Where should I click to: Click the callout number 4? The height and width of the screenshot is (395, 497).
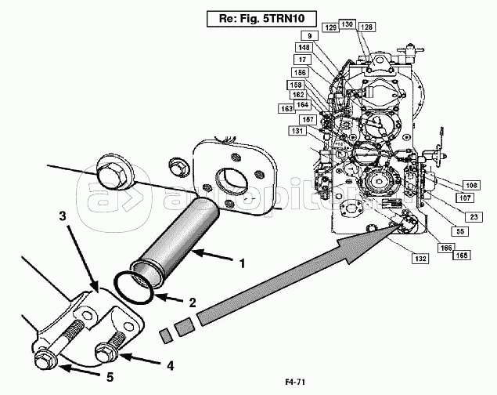pyautogui.click(x=171, y=364)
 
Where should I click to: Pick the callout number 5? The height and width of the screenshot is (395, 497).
pyautogui.click(x=110, y=377)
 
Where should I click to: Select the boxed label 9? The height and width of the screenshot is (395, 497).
pyautogui.click(x=310, y=35)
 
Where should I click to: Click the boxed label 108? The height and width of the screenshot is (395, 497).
pyautogui.click(x=472, y=186)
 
